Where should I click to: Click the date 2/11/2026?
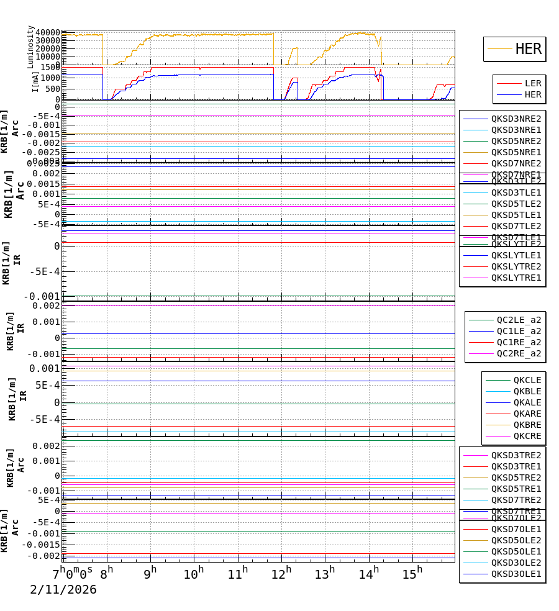[63, 590]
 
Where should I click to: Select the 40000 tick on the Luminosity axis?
[47, 33]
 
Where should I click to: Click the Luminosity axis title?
[30, 46]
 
